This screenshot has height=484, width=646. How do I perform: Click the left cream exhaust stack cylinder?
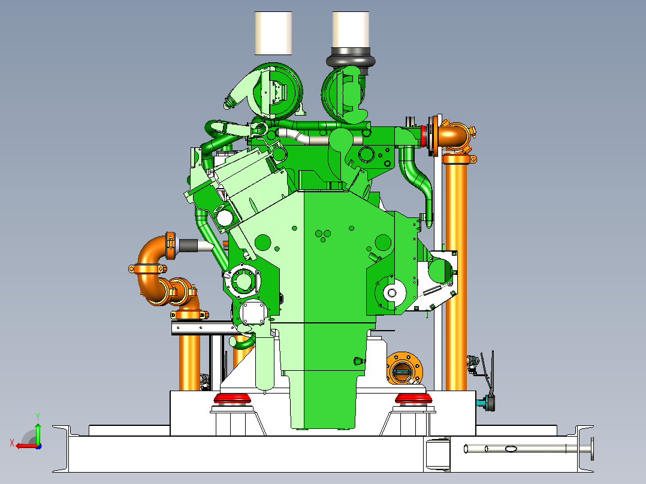coord(273,33)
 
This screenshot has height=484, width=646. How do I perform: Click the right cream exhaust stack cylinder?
coord(351,29)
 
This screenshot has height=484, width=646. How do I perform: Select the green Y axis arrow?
coord(38,432)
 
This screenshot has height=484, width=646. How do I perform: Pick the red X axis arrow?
coord(27,446)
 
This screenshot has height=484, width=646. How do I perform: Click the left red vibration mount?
coord(233,398)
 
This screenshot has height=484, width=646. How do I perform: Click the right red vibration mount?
coord(413,398)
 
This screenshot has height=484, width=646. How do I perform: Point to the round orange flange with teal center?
coord(404,368)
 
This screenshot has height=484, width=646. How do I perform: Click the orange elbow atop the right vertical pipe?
coord(455,137)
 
